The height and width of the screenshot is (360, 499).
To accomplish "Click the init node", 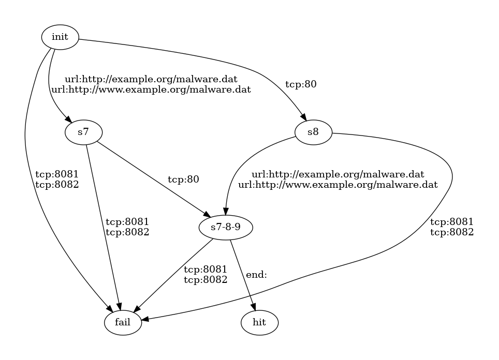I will [x=60, y=37].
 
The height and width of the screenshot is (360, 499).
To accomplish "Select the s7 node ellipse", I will [x=83, y=132].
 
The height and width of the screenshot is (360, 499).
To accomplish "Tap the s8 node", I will [x=313, y=132].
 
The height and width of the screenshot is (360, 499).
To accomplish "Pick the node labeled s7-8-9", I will [x=226, y=228].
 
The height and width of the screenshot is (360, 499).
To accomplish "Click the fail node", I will [x=123, y=323].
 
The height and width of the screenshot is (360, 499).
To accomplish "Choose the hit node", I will [x=259, y=323].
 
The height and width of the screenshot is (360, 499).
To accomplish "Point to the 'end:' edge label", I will [x=256, y=275].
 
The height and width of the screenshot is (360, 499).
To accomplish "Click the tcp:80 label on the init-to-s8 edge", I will [x=301, y=85].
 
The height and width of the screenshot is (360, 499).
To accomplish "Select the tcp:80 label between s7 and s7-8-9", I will [x=183, y=180].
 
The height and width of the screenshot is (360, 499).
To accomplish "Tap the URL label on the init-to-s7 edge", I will [x=151, y=84].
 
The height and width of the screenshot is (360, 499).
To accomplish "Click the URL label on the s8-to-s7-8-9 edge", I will [x=338, y=179].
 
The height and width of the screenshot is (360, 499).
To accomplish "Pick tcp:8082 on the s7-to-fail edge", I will [x=127, y=232].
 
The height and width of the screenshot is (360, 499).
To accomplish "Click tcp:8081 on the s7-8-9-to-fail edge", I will [x=206, y=270].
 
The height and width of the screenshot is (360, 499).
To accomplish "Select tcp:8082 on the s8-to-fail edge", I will [x=452, y=232].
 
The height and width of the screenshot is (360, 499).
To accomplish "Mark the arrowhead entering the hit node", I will [x=254, y=309].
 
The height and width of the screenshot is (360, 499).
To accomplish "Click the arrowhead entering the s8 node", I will [x=304, y=117].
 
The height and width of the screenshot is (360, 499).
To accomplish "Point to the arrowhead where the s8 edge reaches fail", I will [x=146, y=320].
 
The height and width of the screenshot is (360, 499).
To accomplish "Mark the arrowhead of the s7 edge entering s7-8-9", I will [x=207, y=216].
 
